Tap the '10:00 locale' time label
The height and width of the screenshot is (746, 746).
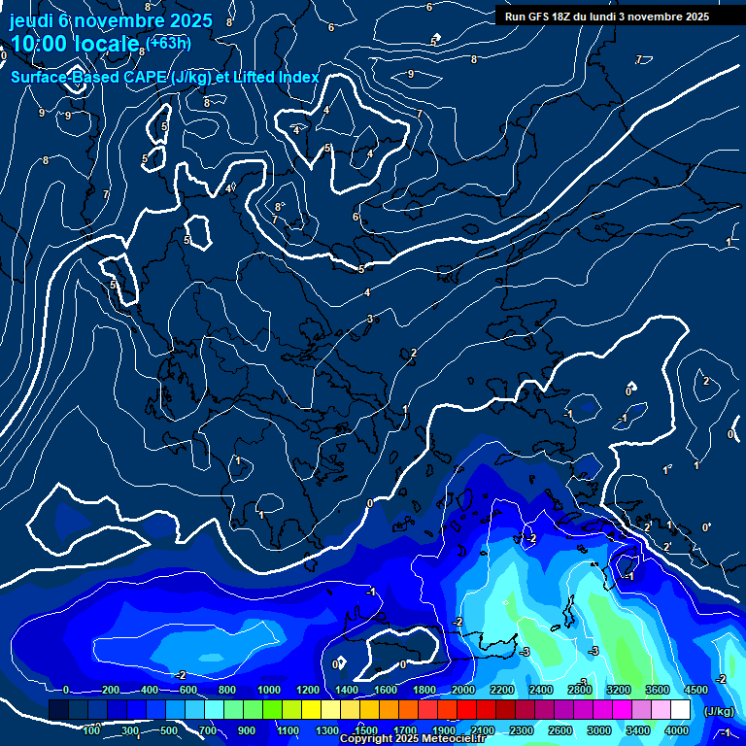(75, 44)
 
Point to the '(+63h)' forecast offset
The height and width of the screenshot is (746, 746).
(169, 42)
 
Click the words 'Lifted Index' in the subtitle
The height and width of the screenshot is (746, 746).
(273, 77)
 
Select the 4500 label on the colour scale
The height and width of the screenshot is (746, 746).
(695, 690)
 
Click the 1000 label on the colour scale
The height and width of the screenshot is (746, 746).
(269, 690)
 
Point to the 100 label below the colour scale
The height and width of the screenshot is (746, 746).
(92, 730)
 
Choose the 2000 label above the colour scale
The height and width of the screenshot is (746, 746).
(462, 690)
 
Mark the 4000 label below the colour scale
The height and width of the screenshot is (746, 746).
(677, 730)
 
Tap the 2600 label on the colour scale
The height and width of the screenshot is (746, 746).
(559, 730)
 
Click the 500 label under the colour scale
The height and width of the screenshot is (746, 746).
(170, 730)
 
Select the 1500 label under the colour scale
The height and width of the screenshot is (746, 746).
(365, 730)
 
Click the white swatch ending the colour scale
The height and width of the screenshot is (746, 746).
(680, 711)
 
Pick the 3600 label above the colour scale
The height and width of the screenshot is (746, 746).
(657, 690)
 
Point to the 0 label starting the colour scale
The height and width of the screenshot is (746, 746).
(66, 690)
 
